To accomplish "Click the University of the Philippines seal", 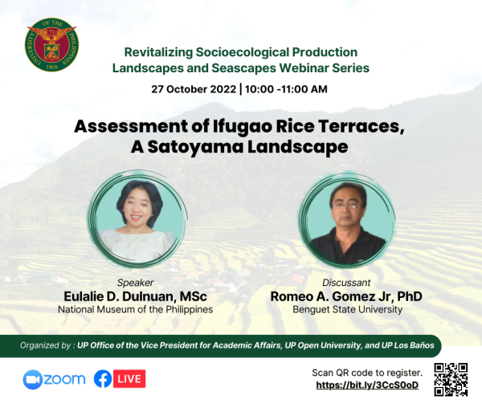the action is [51, 44].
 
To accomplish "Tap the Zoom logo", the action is [54, 379].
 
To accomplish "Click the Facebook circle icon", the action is [103, 379].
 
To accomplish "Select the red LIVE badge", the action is [129, 379].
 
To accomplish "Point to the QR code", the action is [451, 379].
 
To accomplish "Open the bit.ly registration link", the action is [367, 385].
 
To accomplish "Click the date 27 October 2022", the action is [194, 89].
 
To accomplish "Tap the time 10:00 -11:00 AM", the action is [286, 89].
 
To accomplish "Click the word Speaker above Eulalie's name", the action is [135, 283].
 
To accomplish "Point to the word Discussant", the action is [346, 283].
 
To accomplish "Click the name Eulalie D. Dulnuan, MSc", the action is [135, 296].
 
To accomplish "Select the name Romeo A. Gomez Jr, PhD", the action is [346, 296].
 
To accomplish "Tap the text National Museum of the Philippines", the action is [135, 309].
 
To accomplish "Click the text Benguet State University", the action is [347, 309].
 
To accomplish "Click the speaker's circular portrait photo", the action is [137, 218].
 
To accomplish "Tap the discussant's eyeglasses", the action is [346, 206].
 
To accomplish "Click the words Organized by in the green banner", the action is [45, 345].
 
